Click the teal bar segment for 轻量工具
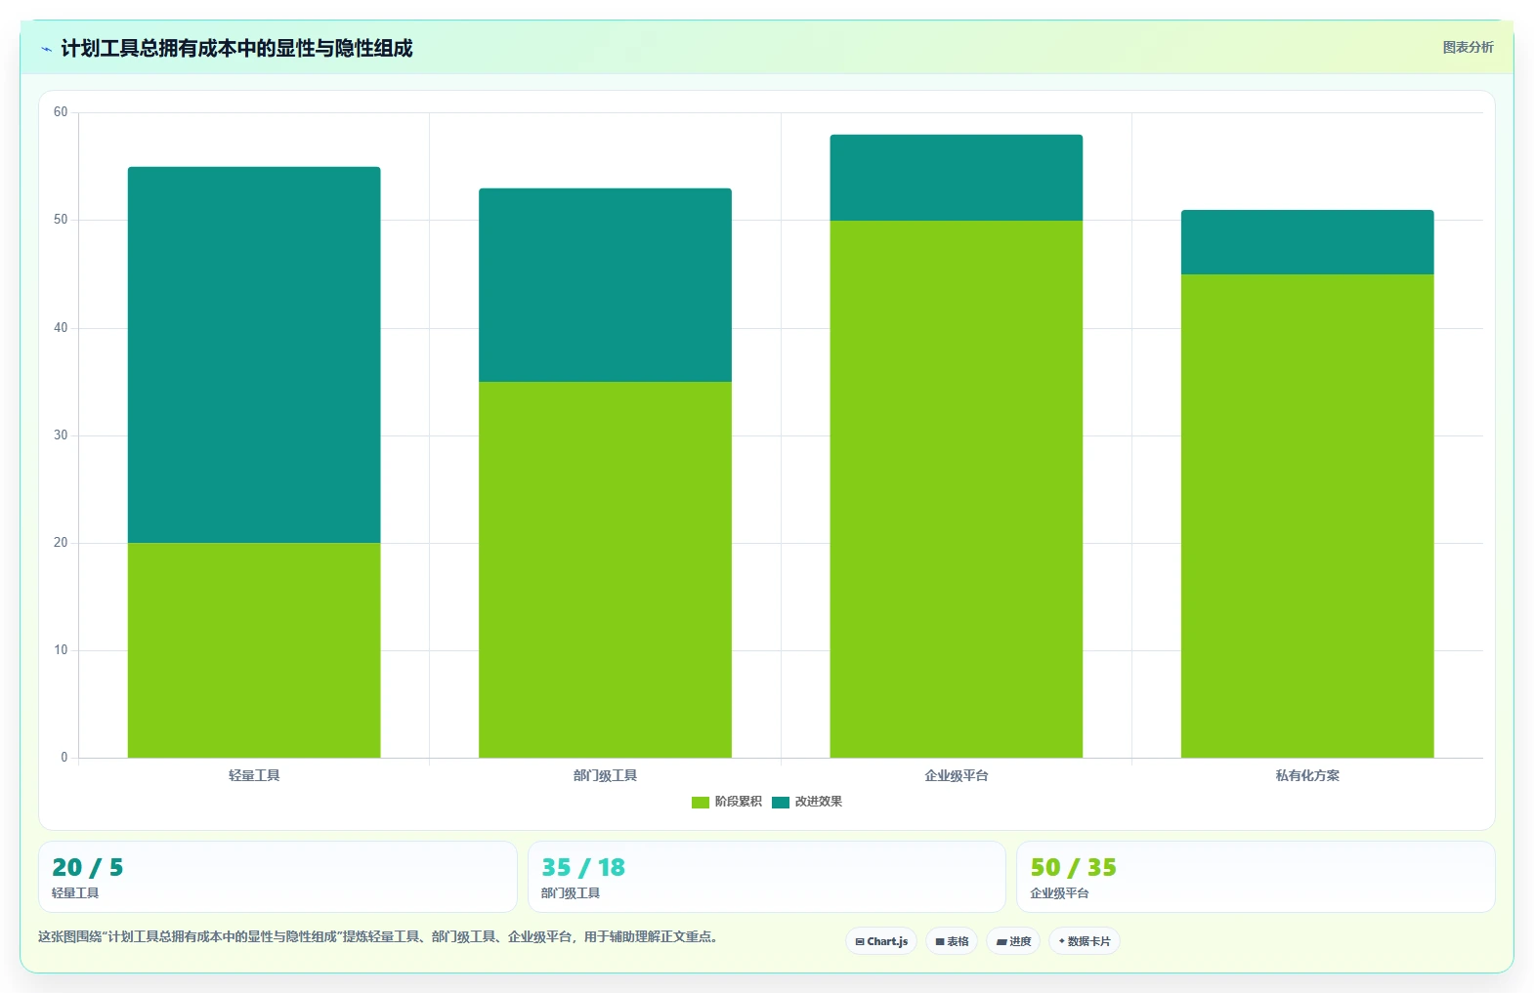254,354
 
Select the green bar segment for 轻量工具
254,650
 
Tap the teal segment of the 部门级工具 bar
606,285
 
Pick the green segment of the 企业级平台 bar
957,488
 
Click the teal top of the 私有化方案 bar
1307,242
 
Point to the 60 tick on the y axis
61,111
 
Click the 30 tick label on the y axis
61,435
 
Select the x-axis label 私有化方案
1307,775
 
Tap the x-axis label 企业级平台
957,775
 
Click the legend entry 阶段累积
727,802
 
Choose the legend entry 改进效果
807,802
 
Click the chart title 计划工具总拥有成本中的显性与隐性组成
237,49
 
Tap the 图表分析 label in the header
1468,47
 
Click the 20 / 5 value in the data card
88,867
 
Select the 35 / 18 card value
583,867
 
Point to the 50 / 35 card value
1073,867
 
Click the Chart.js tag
881,941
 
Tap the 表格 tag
952,941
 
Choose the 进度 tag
1013,941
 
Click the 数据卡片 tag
1085,941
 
